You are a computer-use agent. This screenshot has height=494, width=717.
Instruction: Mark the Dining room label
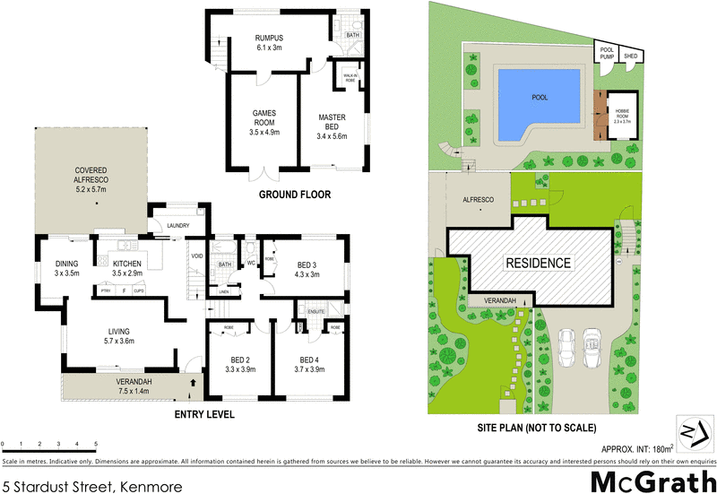tap(67, 263)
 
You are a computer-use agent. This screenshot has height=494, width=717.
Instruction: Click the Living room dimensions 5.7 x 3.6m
tap(119, 341)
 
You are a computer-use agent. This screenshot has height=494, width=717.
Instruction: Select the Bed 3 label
tap(307, 264)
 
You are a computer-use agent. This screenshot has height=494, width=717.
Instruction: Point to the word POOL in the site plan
tap(539, 98)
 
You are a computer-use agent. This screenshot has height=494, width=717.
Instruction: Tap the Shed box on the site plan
tap(631, 55)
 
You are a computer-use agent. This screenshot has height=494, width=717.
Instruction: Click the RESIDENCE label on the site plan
tap(538, 263)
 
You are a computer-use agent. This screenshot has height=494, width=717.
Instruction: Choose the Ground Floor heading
tap(295, 195)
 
